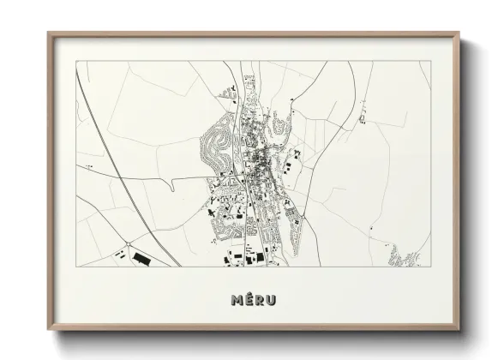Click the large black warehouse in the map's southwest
coord(139,256)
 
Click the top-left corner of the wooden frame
coord(48,33)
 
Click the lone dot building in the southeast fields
coord(371,227)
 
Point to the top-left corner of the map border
coord(75,62)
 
